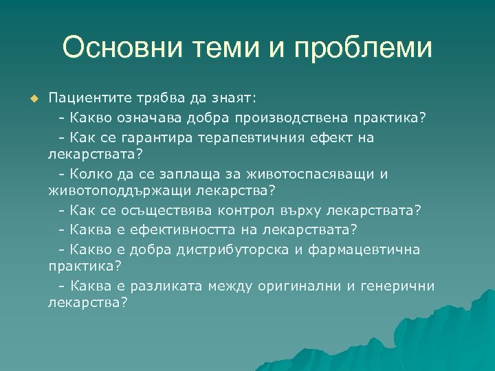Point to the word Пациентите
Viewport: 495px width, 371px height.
(x=87, y=98)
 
